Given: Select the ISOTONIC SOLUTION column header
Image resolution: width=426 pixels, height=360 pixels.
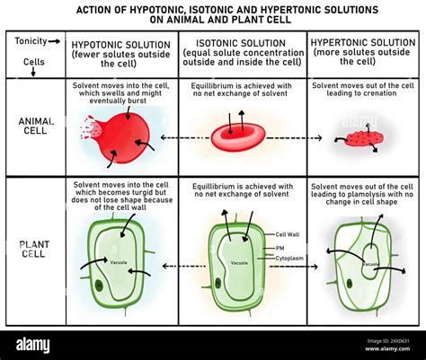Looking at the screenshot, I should pos(242,43).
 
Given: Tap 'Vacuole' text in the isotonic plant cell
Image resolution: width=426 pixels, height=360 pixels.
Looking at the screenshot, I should pos(239,263).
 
